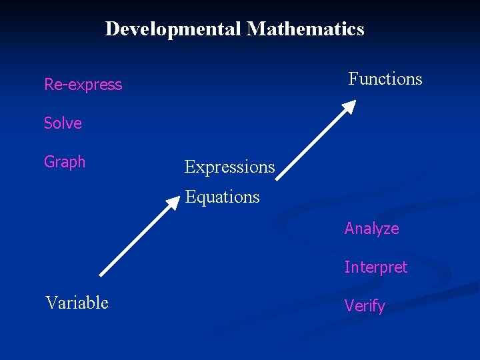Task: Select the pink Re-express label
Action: pyautogui.click(x=83, y=85)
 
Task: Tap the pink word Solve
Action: pyautogui.click(x=63, y=123)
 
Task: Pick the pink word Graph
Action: pyautogui.click(x=65, y=162)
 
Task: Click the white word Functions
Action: pyautogui.click(x=385, y=79)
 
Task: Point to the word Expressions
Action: pyautogui.click(x=229, y=167)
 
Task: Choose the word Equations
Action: pyautogui.click(x=222, y=197)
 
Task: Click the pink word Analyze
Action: pyautogui.click(x=371, y=229)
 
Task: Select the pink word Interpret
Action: pyautogui.click(x=375, y=267)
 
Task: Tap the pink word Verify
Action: pyautogui.click(x=365, y=306)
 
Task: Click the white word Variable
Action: pyautogui.click(x=77, y=303)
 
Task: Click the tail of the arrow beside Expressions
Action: pyautogui.click(x=279, y=178)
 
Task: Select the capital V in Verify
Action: pyautogui.click(x=349, y=306)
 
